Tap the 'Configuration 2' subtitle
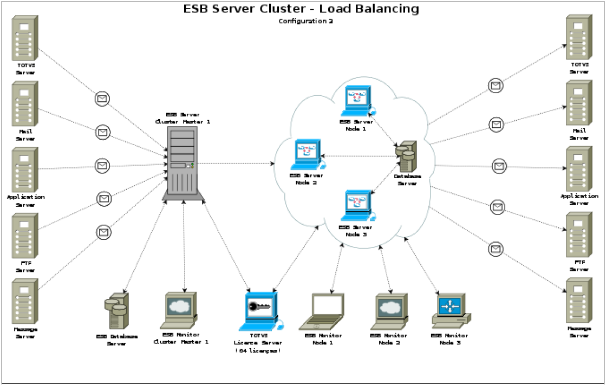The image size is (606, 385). pyautogui.click(x=305, y=21)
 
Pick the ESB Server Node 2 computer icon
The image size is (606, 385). pyautogui.click(x=307, y=154)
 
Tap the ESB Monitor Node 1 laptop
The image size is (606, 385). pyautogui.click(x=323, y=312)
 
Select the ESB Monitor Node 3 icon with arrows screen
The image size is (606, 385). pyautogui.click(x=450, y=310)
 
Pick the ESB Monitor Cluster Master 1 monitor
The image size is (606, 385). pyautogui.click(x=180, y=309)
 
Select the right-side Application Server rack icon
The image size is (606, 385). pyautogui.click(x=578, y=168)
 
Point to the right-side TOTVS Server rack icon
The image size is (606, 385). pyautogui.click(x=578, y=37)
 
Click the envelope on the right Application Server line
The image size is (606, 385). pyautogui.click(x=499, y=166)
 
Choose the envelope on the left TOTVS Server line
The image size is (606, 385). pyautogui.click(x=102, y=99)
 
